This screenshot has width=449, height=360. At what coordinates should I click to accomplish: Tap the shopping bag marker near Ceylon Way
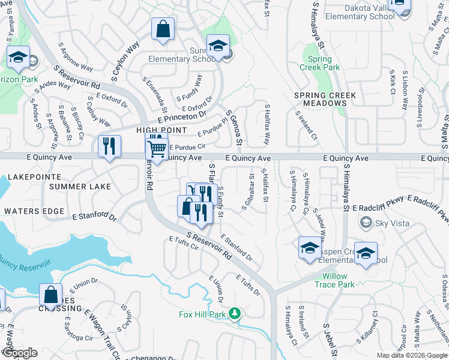click(163, 29)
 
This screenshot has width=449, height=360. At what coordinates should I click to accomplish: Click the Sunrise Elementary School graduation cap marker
click(218, 46)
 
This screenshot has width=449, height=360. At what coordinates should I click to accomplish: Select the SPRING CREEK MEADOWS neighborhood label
click(325, 100)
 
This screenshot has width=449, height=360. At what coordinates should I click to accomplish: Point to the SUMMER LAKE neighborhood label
click(80, 187)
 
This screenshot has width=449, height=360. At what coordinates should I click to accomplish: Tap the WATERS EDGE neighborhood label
click(34, 211)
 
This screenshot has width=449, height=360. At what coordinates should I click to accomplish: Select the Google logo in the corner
click(19, 353)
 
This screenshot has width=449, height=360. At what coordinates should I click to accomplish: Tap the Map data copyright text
click(411, 355)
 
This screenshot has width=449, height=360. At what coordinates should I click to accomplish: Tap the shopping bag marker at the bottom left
click(50, 295)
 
